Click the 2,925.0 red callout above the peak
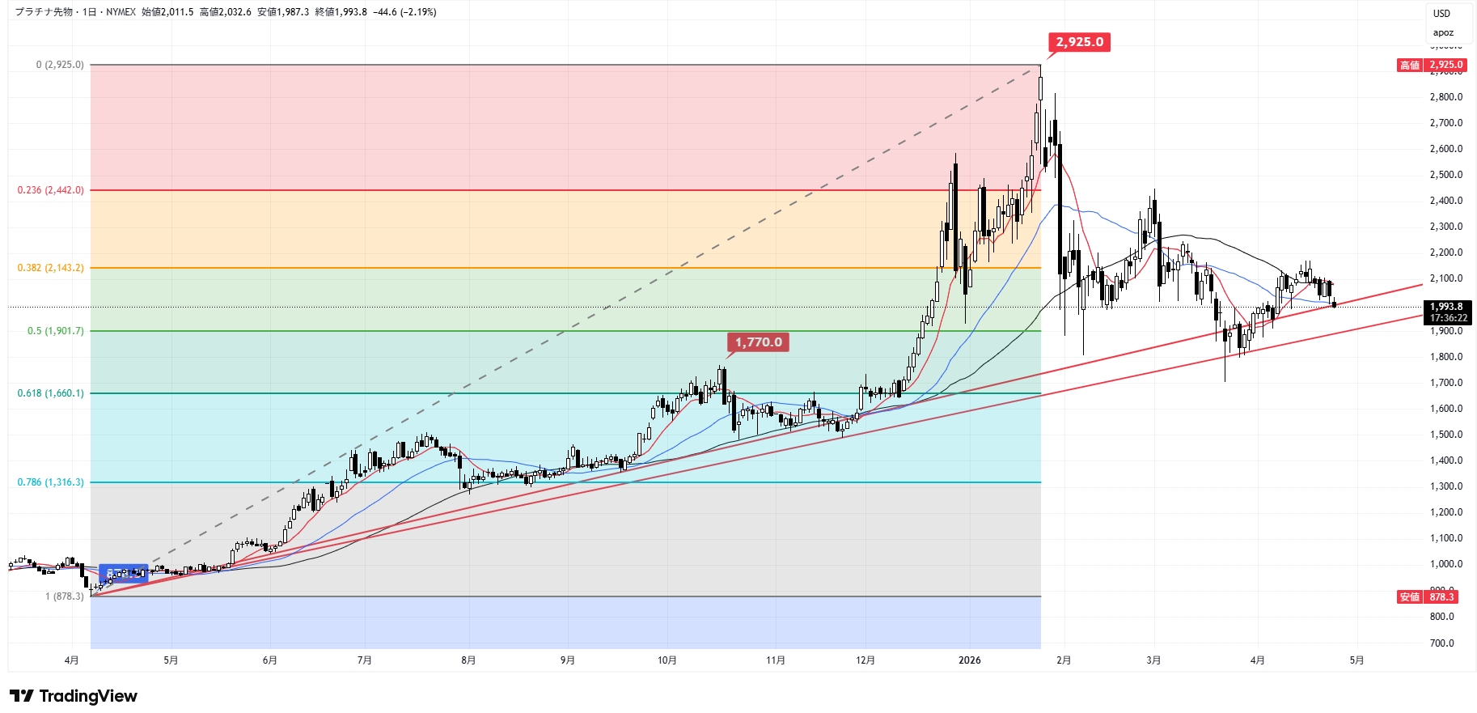click(1079, 42)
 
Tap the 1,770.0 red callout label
click(758, 342)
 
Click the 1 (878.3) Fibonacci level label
click(64, 596)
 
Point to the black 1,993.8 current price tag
click(1447, 312)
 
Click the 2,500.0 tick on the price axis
click(1446, 175)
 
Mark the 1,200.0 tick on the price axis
click(1446, 512)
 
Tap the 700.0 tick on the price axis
click(1441, 643)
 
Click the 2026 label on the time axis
click(969, 660)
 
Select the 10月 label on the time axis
click(667, 660)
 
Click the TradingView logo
click(74, 696)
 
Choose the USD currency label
click(1442, 14)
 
